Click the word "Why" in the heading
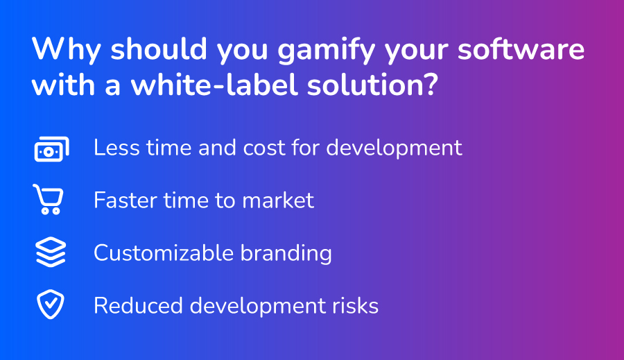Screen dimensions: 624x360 (x=66, y=49)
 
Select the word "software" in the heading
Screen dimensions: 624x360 (x=521, y=49)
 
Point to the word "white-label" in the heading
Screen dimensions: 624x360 (x=214, y=85)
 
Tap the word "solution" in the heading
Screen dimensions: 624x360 (x=364, y=85)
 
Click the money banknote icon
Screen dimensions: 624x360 (x=52, y=149)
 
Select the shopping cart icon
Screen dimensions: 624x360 (x=48, y=199)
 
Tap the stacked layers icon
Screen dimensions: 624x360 (x=51, y=252)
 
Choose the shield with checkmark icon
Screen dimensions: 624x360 (x=51, y=305)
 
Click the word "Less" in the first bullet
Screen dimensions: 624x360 (x=116, y=148)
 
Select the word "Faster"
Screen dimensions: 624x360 (x=125, y=200)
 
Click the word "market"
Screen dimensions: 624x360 (x=278, y=200)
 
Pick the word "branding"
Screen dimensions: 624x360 (x=286, y=254)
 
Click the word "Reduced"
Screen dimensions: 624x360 (x=138, y=306)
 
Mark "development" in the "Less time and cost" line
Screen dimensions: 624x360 (x=394, y=148)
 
